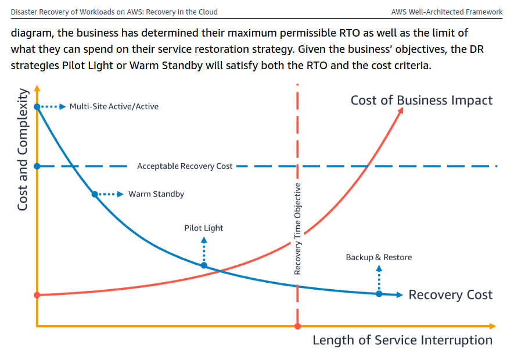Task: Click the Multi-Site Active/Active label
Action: [114, 106]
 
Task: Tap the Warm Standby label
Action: [156, 194]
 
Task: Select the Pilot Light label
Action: [204, 228]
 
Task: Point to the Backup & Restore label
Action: [379, 257]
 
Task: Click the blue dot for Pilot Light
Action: [204, 265]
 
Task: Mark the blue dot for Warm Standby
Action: [95, 194]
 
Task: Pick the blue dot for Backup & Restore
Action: [379, 294]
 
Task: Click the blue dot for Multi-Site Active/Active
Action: [37, 106]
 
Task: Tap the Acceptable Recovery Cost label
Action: [185, 166]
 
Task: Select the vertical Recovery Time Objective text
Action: [297, 228]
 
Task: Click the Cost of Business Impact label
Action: [421, 100]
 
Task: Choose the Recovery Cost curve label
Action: [450, 295]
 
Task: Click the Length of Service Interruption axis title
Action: [402, 340]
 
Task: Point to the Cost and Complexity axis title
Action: [22, 150]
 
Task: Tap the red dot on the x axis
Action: [297, 326]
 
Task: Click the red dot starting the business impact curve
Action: [37, 295]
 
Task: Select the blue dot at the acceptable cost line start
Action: [37, 166]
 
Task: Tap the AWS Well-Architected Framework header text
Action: [447, 12]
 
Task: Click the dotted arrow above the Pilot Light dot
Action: [204, 250]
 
